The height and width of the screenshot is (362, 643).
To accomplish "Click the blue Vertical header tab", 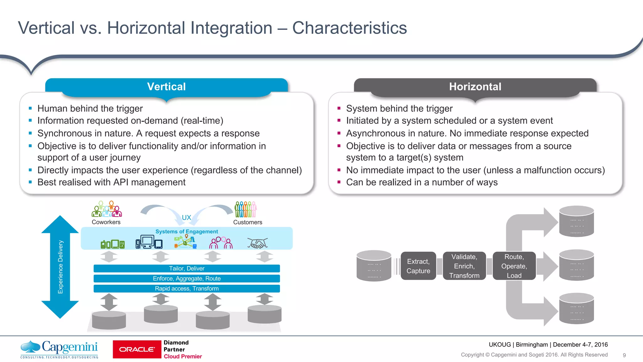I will coord(166,86).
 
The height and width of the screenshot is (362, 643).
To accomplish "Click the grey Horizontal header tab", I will coord(475,86).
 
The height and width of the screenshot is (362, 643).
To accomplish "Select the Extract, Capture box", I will coord(418,266).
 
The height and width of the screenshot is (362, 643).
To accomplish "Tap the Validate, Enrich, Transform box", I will coord(464,266).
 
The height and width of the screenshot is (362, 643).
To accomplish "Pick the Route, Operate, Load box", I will coord(514,266).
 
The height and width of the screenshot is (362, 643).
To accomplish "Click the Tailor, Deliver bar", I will coord(186,268).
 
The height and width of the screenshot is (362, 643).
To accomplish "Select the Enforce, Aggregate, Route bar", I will coord(186,278).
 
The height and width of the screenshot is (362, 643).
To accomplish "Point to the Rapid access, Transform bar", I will coord(186,288).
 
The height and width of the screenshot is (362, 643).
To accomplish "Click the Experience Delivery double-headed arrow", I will coord(60,267).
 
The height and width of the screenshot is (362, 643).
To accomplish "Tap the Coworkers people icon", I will coord(107,209).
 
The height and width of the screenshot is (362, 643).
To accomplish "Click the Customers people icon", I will coord(246,209).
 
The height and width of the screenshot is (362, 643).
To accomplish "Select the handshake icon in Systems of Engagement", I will coord(257,243).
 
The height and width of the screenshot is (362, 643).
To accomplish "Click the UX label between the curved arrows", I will coord(186,217).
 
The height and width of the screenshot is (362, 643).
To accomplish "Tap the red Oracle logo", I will coord(137,349).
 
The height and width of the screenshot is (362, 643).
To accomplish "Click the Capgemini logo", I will coord(59,349).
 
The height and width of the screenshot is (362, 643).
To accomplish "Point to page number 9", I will coord(624,355).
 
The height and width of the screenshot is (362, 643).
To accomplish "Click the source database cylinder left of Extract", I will coord(374,266).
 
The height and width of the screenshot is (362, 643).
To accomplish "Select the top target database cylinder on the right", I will coord(576,221).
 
